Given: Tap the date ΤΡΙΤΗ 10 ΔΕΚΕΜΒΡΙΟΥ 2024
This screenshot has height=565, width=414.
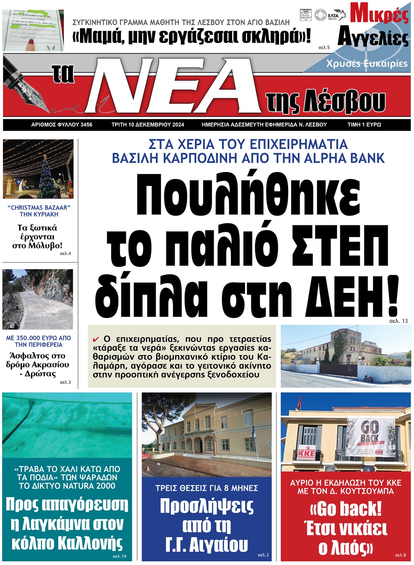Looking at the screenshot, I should pyautogui.click(x=148, y=125).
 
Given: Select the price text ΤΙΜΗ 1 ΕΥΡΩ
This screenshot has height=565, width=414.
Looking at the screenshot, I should pyautogui.click(x=364, y=125).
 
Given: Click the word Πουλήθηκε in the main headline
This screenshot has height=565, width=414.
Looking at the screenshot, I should pyautogui.click(x=248, y=197).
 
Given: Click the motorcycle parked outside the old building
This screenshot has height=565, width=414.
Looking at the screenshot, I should pyautogui.click(x=368, y=378).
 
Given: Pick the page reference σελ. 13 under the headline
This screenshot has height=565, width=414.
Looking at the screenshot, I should pyautogui.click(x=398, y=321).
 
